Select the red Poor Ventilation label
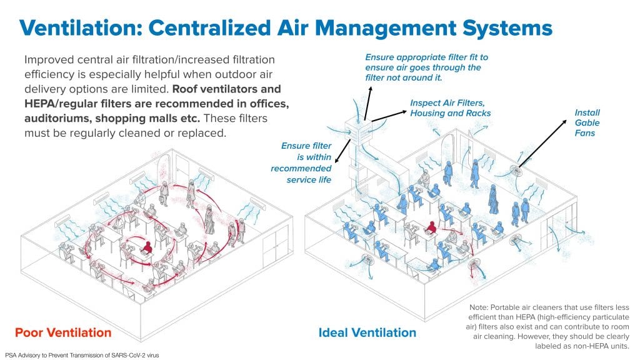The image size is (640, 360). [x=63, y=332]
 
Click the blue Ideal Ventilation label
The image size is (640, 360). [x=367, y=332]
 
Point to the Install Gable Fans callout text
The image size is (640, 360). [x=587, y=122]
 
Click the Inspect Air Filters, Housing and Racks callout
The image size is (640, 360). [x=451, y=108]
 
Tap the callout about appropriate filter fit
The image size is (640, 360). [x=426, y=67]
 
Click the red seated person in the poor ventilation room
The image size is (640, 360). [x=147, y=247]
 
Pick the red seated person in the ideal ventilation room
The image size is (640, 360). [x=431, y=227]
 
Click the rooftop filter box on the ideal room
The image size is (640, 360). [x=358, y=131]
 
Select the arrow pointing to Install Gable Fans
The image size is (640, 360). [x=542, y=144]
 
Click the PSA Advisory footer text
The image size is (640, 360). [x=82, y=355]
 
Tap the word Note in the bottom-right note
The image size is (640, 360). [x=478, y=307]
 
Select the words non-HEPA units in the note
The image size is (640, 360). [x=603, y=346]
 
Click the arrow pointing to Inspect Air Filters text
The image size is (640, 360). [x=389, y=116]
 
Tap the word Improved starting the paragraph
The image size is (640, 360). [x=49, y=60]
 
